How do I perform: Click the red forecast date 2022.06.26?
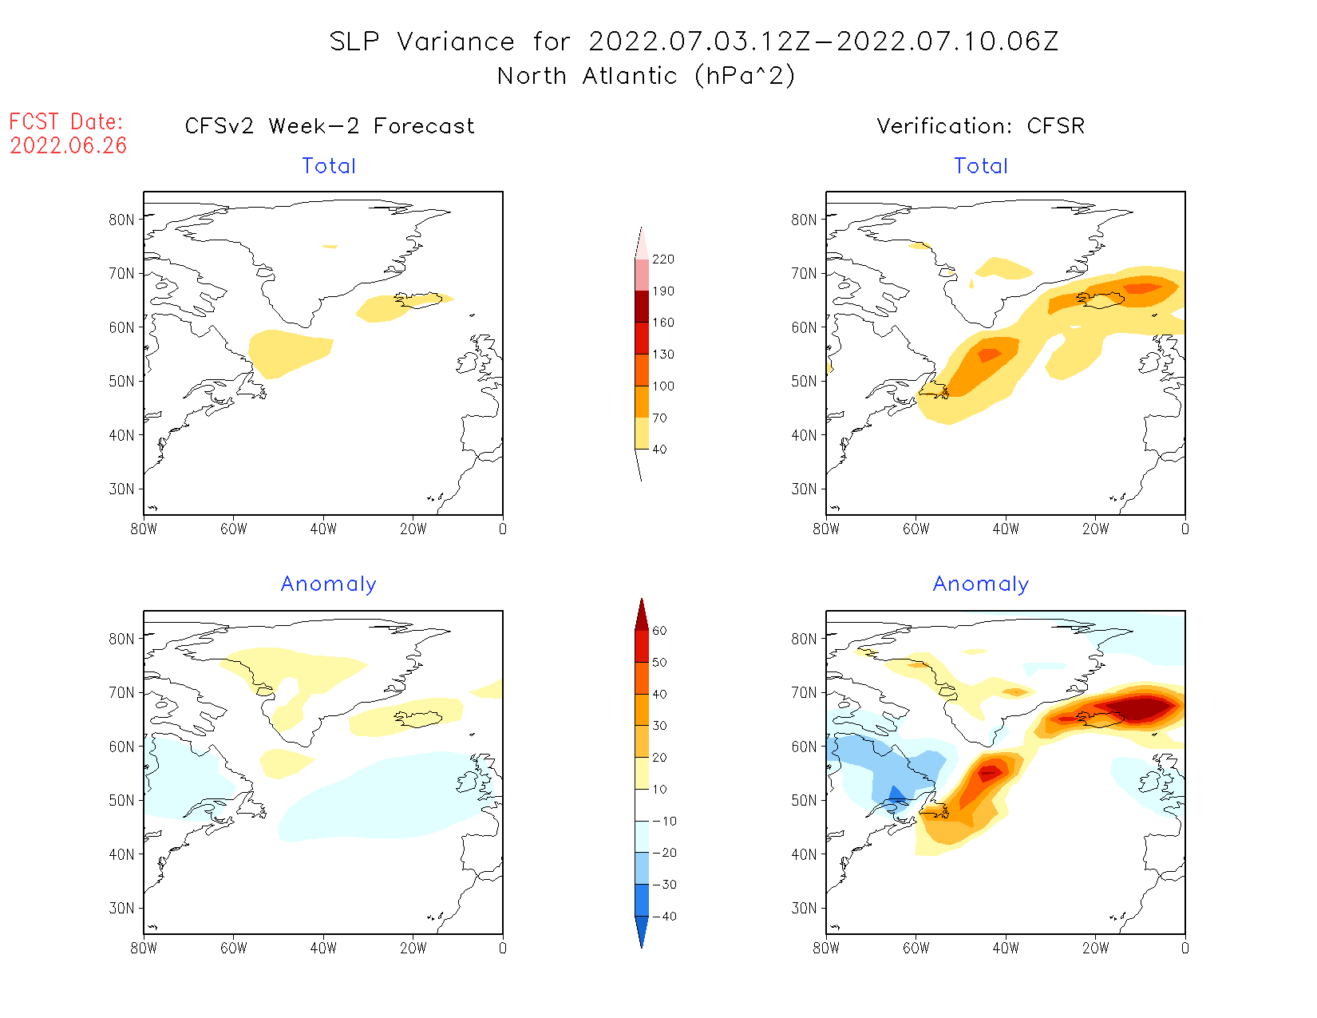(x=68, y=145)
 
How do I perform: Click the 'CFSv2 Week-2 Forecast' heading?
(x=330, y=126)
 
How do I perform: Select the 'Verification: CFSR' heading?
(x=980, y=126)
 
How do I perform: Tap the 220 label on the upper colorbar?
(x=662, y=259)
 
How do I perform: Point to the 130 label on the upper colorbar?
(x=662, y=355)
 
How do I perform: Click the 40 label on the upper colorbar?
(x=659, y=450)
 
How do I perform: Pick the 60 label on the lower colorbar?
(x=659, y=631)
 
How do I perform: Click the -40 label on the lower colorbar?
(x=664, y=917)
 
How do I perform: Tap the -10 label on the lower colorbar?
(x=664, y=821)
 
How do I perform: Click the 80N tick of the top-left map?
(x=122, y=220)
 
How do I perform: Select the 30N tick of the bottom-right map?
(x=805, y=909)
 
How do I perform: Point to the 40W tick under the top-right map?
(x=1006, y=529)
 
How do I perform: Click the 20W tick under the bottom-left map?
(x=413, y=949)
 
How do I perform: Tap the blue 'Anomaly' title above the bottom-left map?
(x=328, y=584)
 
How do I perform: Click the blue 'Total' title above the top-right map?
(x=981, y=166)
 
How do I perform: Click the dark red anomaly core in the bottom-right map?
(x=1141, y=707)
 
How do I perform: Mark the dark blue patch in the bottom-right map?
(x=896, y=794)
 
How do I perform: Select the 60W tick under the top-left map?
(x=234, y=529)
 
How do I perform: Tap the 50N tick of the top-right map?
(x=805, y=382)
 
